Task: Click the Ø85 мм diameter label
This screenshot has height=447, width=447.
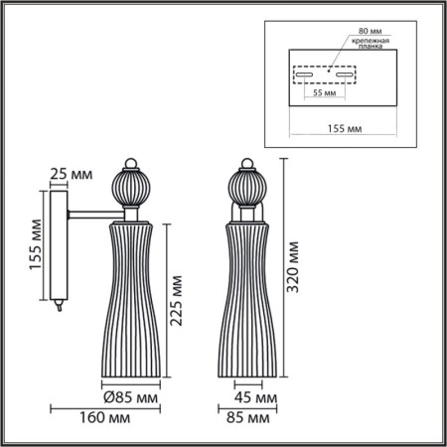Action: pos(132,397)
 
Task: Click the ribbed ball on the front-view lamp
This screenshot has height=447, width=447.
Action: pos(246,186)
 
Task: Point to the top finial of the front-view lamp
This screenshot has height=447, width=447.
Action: pos(246,163)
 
